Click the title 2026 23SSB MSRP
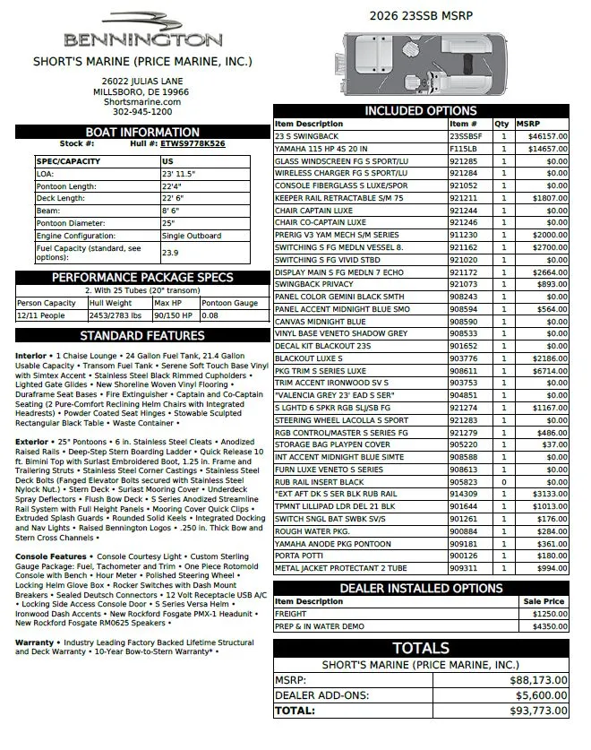(x=421, y=15)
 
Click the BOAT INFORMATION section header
(x=143, y=132)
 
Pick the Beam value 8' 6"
(x=174, y=210)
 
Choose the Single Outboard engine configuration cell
(x=193, y=236)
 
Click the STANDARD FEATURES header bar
(x=143, y=336)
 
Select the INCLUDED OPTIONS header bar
(x=421, y=111)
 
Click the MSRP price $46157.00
(x=547, y=136)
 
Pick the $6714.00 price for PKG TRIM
(x=547, y=370)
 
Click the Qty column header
(x=501, y=124)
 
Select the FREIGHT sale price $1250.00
(x=547, y=614)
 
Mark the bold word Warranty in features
(x=34, y=642)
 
